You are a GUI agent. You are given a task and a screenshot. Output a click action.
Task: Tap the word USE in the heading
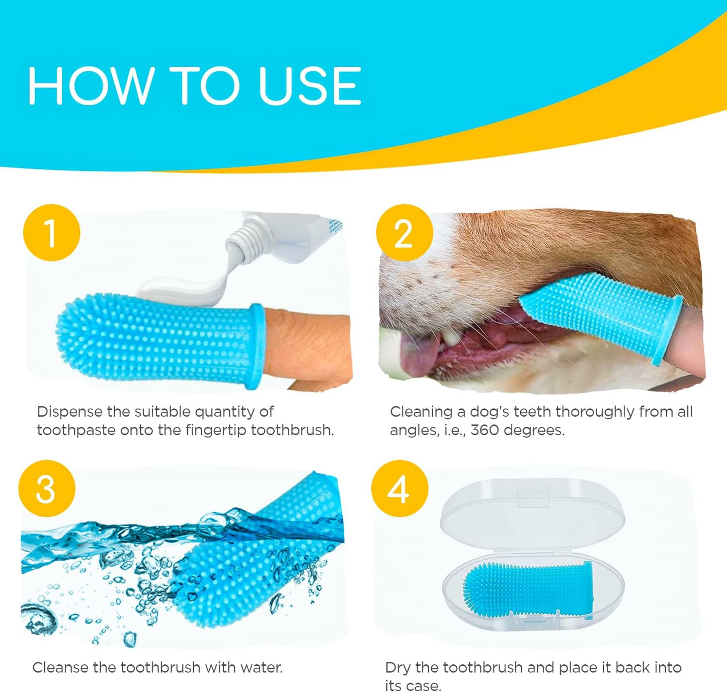coord(309,85)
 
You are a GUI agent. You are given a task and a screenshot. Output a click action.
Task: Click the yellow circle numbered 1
coord(51,233)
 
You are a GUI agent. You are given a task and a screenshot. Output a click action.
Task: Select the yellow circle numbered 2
coord(404,233)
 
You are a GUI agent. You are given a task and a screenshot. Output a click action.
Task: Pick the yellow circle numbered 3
coord(47,488)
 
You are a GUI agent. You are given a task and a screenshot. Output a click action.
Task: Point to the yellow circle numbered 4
coord(399,488)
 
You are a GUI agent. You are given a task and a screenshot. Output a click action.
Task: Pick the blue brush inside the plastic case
coord(528,586)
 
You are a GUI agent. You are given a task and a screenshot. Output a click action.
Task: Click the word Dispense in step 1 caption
coord(69,412)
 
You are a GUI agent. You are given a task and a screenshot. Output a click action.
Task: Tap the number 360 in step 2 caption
coord(484,430)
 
